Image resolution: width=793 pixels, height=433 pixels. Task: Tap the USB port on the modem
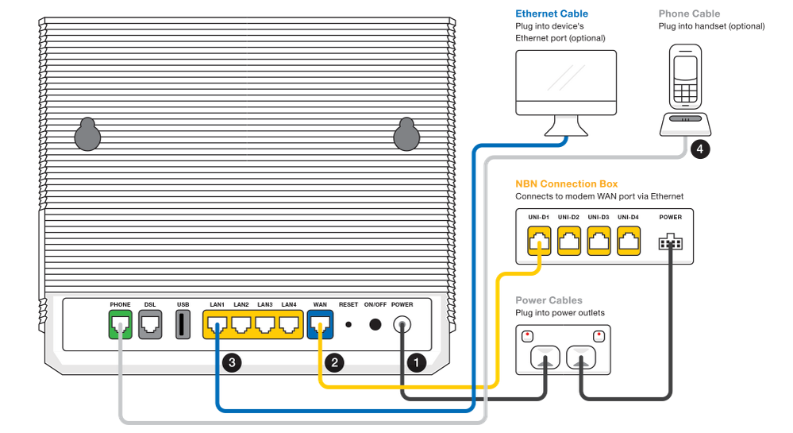pyautogui.click(x=182, y=325)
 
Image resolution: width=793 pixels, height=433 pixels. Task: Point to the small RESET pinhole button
pyautogui.click(x=348, y=325)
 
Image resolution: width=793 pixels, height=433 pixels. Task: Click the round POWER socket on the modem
pyautogui.click(x=402, y=325)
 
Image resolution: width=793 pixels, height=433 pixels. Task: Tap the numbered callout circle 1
pyautogui.click(x=414, y=361)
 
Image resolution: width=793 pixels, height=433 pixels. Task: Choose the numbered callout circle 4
pyautogui.click(x=699, y=148)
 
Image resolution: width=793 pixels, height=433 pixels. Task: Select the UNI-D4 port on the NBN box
pyautogui.click(x=629, y=242)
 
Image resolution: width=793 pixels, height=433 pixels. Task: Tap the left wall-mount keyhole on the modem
pyautogui.click(x=87, y=134)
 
